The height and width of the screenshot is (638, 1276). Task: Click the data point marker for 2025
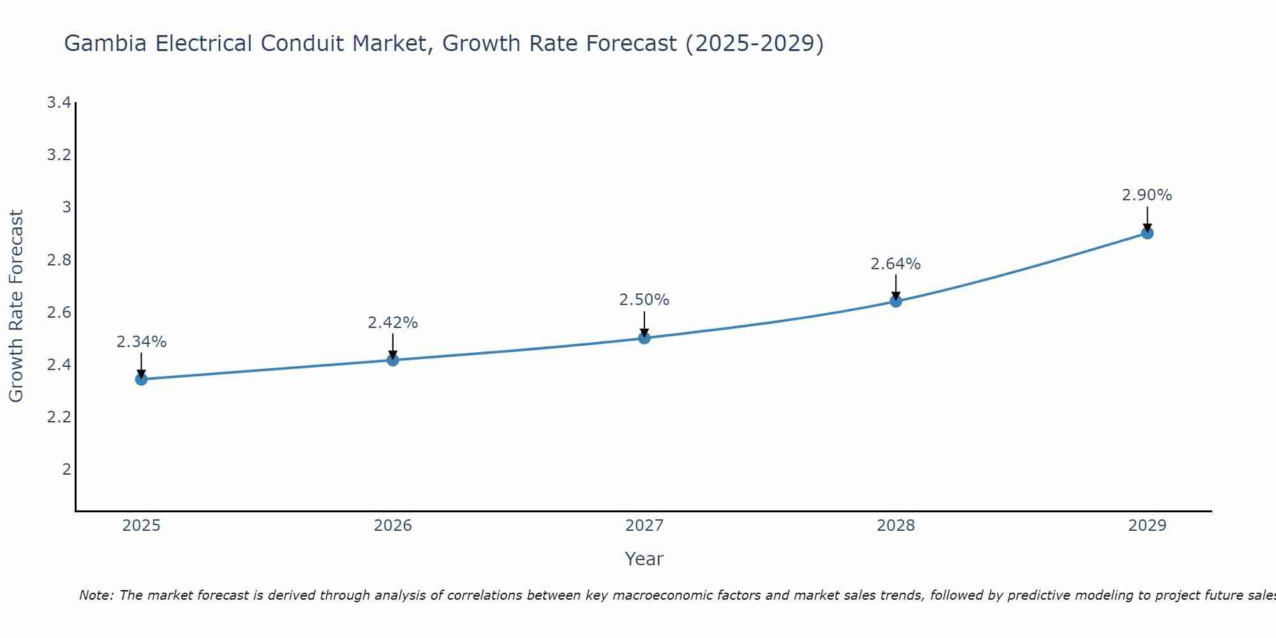(141, 379)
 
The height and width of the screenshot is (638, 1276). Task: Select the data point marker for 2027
(644, 338)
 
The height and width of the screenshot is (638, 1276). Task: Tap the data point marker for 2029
(1147, 233)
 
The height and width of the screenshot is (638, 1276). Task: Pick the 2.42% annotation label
(392, 323)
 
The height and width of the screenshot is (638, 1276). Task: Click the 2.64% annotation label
(895, 264)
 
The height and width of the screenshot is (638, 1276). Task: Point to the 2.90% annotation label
(1146, 195)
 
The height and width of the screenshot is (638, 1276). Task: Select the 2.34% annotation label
(141, 342)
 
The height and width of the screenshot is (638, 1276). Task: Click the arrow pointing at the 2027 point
(644, 324)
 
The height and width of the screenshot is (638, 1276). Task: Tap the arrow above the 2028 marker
(896, 287)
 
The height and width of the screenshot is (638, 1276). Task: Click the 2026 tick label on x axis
(392, 526)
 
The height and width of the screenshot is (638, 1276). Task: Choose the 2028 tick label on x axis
(896, 526)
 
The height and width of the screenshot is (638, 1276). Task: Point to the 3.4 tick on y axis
(59, 103)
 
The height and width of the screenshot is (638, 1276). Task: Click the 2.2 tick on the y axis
(59, 417)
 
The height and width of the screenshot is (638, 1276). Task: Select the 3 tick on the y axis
(66, 207)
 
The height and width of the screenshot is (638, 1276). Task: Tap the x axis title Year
(644, 559)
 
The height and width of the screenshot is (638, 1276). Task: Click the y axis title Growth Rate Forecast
(17, 306)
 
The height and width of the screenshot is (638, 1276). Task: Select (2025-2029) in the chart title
(754, 43)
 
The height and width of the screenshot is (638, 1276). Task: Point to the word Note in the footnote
(96, 595)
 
